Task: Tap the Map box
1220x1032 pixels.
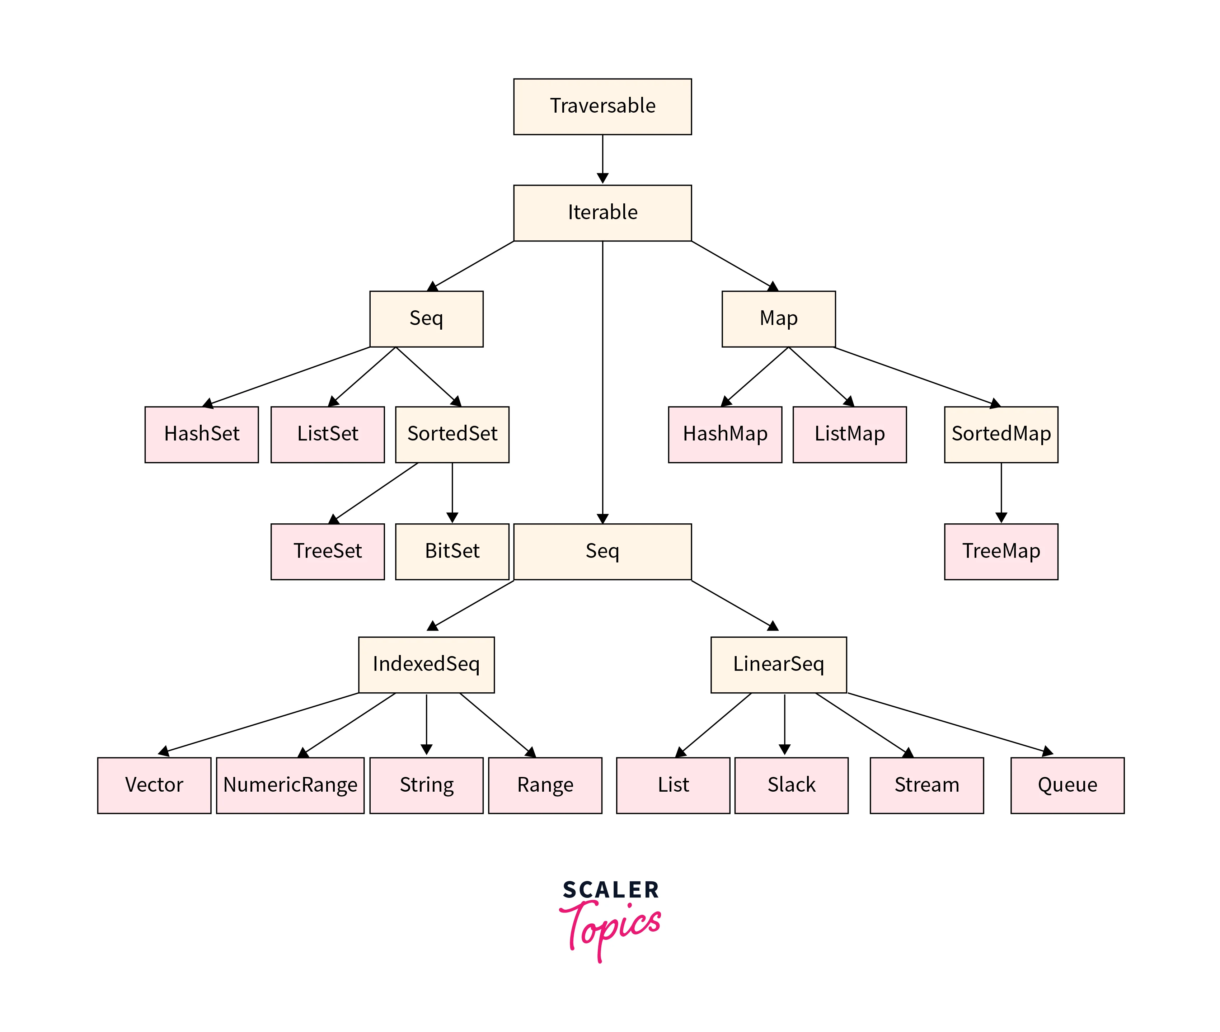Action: click(778, 319)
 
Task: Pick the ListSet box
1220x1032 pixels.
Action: click(327, 434)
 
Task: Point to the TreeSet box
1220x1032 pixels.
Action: click(327, 551)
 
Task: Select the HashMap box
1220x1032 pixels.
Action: click(725, 434)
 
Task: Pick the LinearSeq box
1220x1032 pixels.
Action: click(778, 665)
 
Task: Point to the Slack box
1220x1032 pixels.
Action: click(791, 785)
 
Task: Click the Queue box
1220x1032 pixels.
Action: click(1067, 785)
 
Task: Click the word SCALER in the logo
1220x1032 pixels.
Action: click(610, 890)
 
